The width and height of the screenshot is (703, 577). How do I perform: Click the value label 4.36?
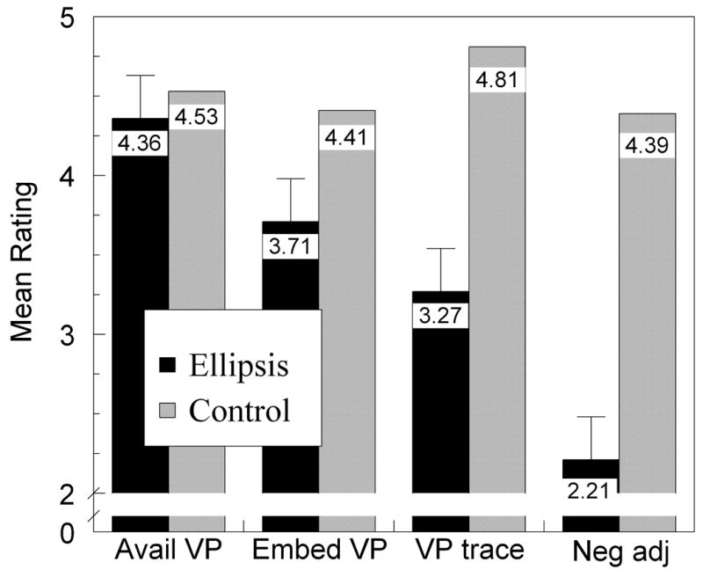[140, 143]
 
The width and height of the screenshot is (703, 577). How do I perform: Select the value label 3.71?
[289, 246]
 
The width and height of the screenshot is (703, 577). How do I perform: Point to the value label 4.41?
[345, 137]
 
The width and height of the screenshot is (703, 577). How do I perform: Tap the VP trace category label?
[467, 551]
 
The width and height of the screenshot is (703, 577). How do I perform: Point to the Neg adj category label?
[618, 551]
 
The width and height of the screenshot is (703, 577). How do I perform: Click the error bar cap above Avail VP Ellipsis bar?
[140, 76]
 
